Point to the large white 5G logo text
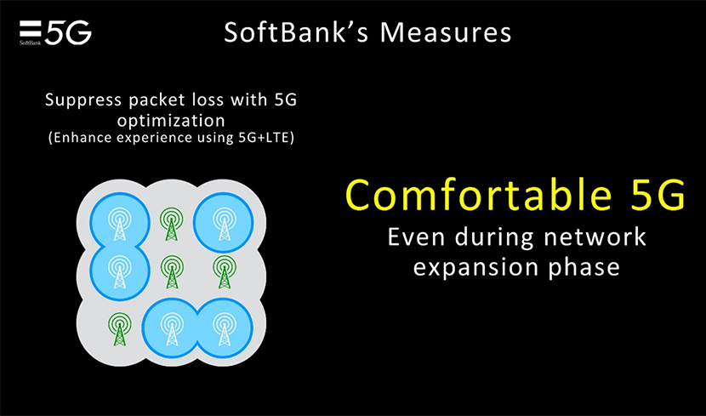[x=68, y=32]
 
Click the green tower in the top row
[x=172, y=224]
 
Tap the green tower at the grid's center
[x=172, y=274]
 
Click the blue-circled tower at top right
[x=223, y=223]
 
